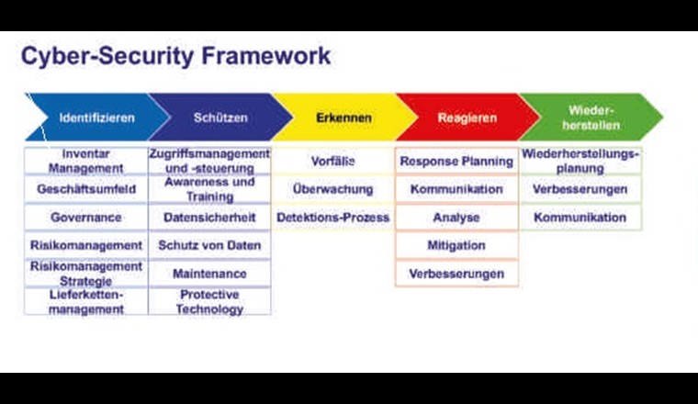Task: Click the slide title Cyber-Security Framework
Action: tap(175, 57)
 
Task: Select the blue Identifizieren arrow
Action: tap(97, 118)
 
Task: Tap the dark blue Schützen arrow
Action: tap(220, 118)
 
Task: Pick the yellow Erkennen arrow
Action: tap(344, 118)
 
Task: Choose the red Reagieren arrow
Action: tap(467, 118)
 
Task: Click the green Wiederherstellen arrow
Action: tap(591, 118)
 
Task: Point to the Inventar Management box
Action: tap(86, 161)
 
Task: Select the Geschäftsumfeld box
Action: tap(86, 189)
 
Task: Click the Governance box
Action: tap(86, 217)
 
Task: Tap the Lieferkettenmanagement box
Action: tap(86, 302)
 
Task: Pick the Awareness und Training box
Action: tap(209, 189)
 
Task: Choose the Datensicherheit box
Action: tap(209, 217)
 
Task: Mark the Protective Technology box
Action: tap(209, 302)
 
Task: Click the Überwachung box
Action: tap(333, 189)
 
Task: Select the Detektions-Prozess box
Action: tap(333, 217)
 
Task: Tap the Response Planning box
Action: tap(456, 161)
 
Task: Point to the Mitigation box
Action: tap(456, 245)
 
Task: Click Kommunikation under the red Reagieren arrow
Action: tap(456, 189)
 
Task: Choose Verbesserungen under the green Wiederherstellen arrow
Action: tap(580, 189)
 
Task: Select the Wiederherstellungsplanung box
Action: tap(580, 161)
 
